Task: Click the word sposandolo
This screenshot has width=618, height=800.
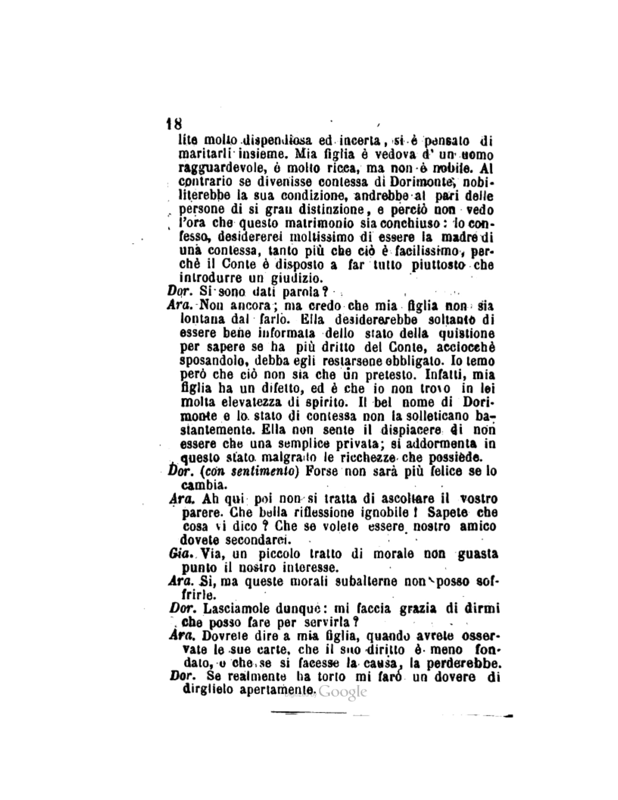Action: [211, 361]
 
